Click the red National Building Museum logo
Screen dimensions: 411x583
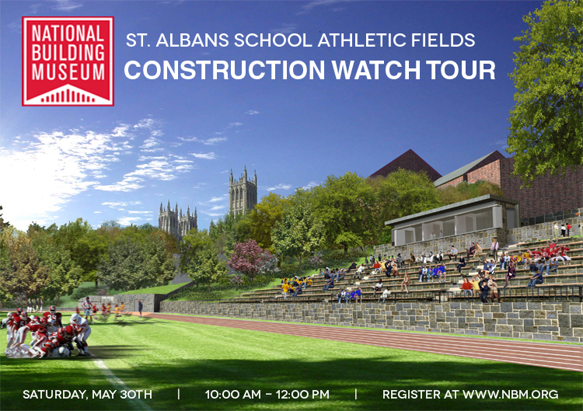[x=68, y=61]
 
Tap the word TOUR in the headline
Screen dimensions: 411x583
[x=458, y=70]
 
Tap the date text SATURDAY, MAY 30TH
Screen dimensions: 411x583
[x=87, y=395]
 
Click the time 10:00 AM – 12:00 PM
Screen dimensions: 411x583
[x=267, y=395]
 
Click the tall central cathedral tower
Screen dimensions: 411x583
[x=243, y=191]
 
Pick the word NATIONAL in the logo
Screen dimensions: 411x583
[x=68, y=33]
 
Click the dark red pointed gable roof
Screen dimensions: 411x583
[x=405, y=164]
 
